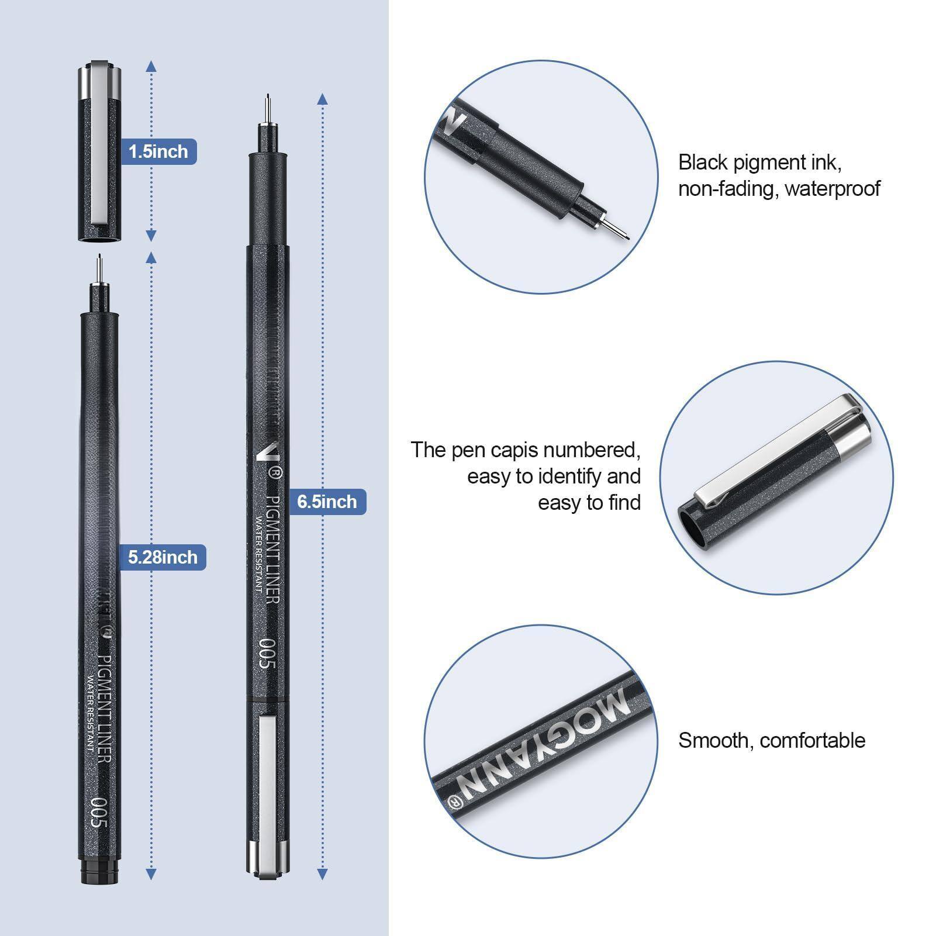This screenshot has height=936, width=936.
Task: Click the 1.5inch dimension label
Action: [x=158, y=151]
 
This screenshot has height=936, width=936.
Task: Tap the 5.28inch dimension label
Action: [x=163, y=557]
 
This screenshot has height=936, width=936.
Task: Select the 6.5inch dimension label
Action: [x=327, y=502]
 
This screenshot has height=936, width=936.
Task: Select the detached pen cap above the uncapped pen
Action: [x=99, y=152]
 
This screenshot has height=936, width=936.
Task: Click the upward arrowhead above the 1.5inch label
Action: [x=151, y=65]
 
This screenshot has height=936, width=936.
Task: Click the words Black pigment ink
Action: [x=759, y=163]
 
